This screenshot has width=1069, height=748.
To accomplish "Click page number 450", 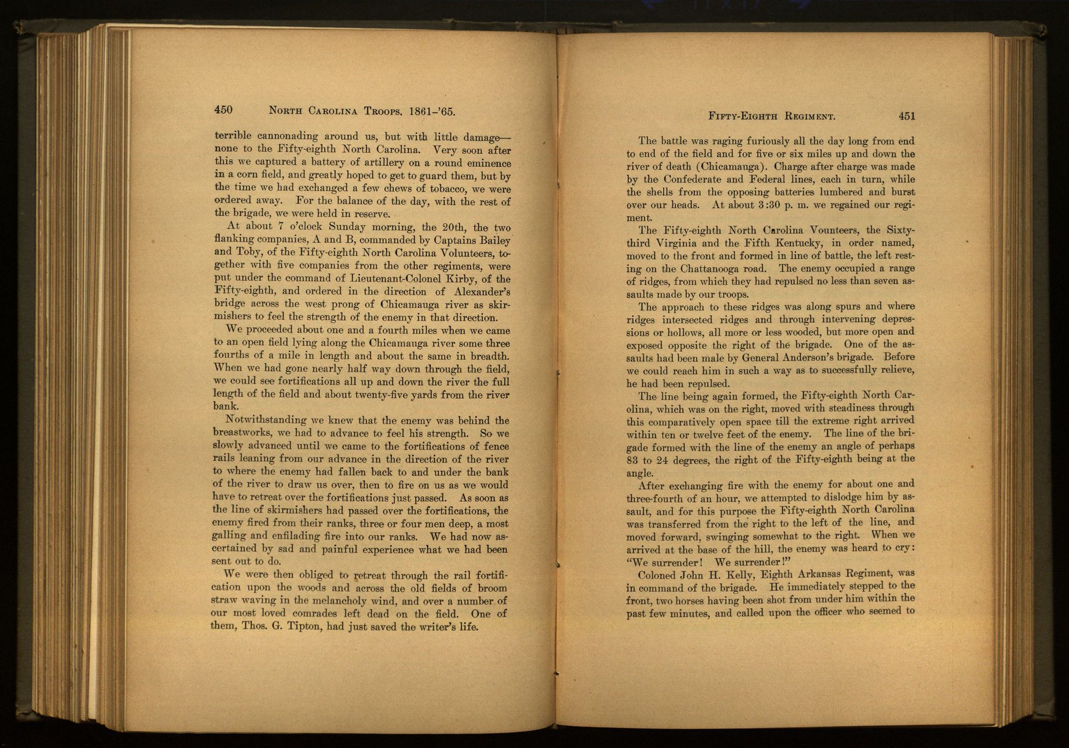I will [x=223, y=110].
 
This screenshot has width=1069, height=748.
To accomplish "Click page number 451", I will [x=907, y=116].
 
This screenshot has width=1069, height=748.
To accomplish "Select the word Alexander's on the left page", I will [x=482, y=292].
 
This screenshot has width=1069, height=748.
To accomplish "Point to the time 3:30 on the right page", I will [x=760, y=205].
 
